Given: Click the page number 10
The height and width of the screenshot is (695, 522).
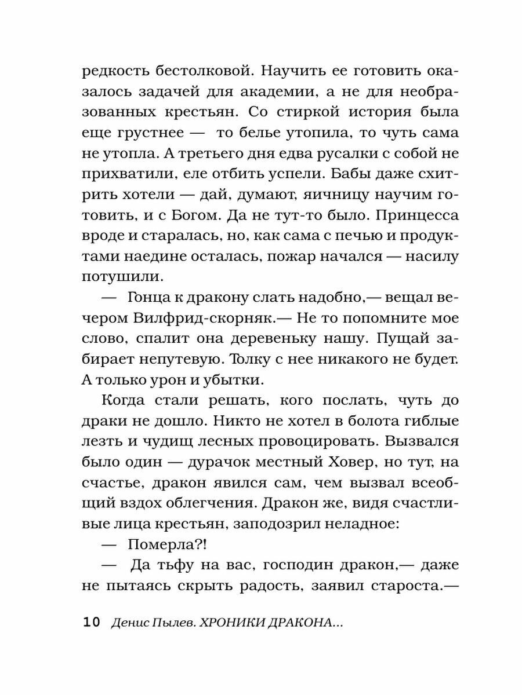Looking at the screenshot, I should pyautogui.click(x=92, y=623).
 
